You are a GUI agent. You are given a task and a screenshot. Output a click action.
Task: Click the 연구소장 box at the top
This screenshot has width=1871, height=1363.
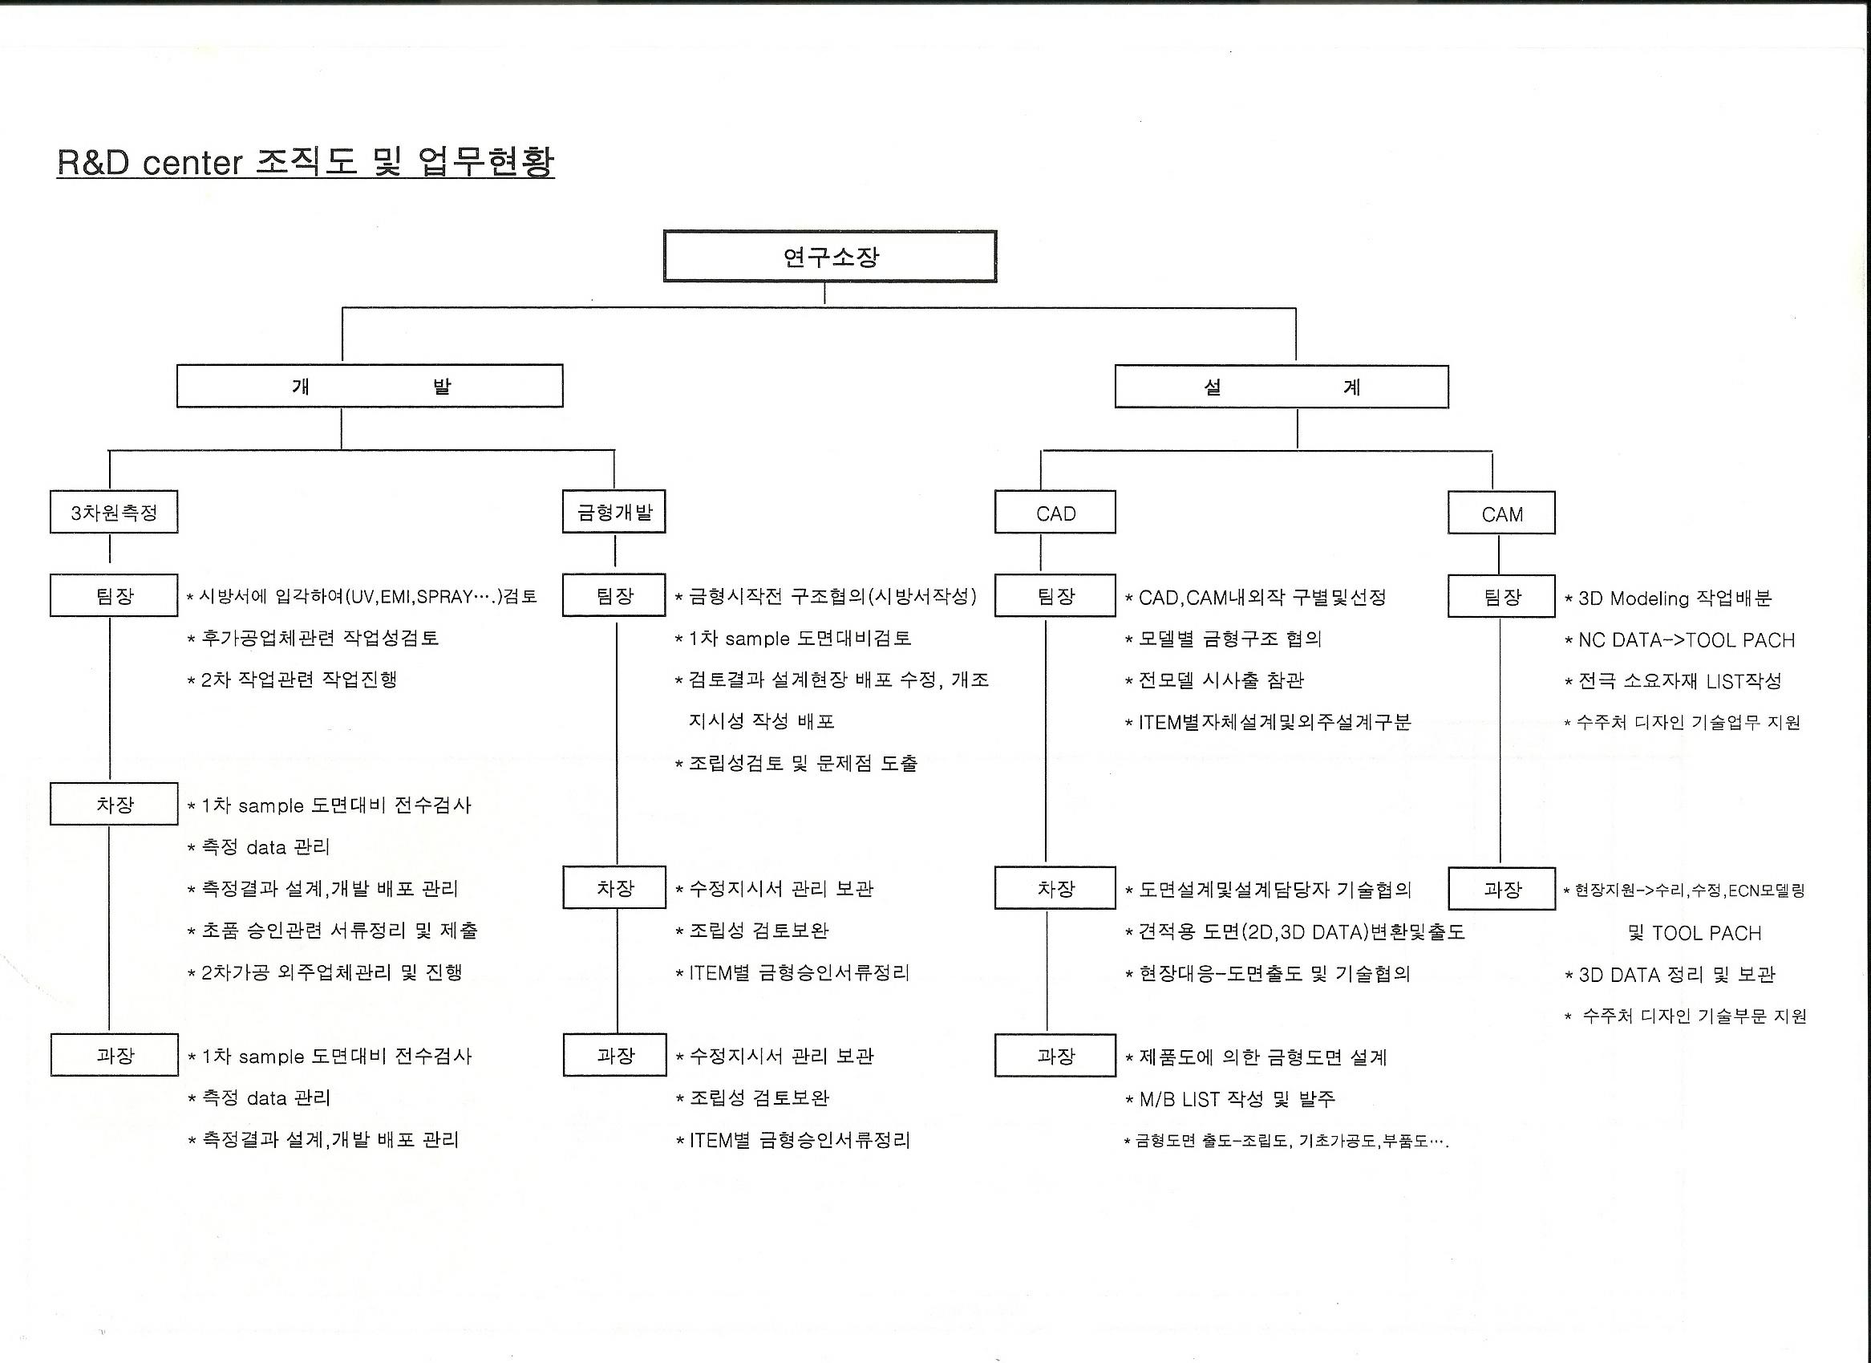click(x=830, y=257)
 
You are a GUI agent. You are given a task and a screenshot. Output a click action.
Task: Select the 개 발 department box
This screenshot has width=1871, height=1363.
click(x=370, y=386)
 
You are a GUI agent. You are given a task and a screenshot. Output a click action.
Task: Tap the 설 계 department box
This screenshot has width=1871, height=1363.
click(x=1282, y=387)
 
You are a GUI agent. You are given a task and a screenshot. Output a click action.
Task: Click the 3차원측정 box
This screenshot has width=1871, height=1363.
click(x=114, y=513)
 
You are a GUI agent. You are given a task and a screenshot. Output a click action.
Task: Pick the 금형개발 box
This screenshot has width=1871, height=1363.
click(x=614, y=513)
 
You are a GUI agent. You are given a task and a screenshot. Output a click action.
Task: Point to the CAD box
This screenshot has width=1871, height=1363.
click(x=1055, y=513)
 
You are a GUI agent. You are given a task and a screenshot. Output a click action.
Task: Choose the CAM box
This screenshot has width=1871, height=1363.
click(x=1501, y=514)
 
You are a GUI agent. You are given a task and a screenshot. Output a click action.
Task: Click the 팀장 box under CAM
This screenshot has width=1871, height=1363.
click(x=1501, y=597)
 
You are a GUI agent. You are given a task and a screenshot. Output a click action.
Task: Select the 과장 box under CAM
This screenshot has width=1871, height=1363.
click(x=1501, y=890)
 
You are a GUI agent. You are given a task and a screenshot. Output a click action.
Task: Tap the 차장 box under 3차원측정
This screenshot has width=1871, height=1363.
click(x=114, y=805)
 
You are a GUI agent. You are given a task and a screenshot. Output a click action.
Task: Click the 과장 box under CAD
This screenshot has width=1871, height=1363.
click(x=1055, y=1056)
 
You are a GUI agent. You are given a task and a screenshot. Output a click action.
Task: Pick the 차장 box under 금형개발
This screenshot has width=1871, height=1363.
click(x=614, y=889)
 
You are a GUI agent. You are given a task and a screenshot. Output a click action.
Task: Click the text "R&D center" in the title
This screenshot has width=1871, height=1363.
click(x=149, y=163)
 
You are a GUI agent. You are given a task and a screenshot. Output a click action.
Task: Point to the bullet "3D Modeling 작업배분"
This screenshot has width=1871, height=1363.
click(x=1674, y=598)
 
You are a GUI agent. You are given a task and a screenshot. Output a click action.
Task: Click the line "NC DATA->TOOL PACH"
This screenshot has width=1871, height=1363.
click(x=1686, y=640)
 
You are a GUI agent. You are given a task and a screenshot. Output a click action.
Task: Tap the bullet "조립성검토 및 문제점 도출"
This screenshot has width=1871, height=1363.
click(x=802, y=763)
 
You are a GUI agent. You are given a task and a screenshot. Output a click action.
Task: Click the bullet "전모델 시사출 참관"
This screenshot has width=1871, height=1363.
click(x=1220, y=680)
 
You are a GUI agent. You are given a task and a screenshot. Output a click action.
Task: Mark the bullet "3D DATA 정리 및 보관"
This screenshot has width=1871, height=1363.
click(x=1675, y=975)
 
